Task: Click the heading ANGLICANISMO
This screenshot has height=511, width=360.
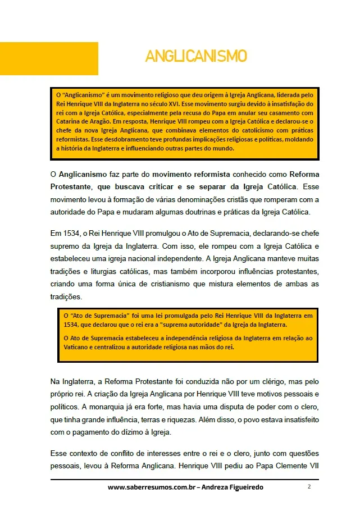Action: tap(196, 56)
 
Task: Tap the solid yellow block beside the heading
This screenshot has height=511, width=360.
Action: tap(49, 58)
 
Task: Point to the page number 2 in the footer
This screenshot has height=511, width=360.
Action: tap(309, 486)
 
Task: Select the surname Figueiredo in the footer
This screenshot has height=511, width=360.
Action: tap(241, 487)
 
